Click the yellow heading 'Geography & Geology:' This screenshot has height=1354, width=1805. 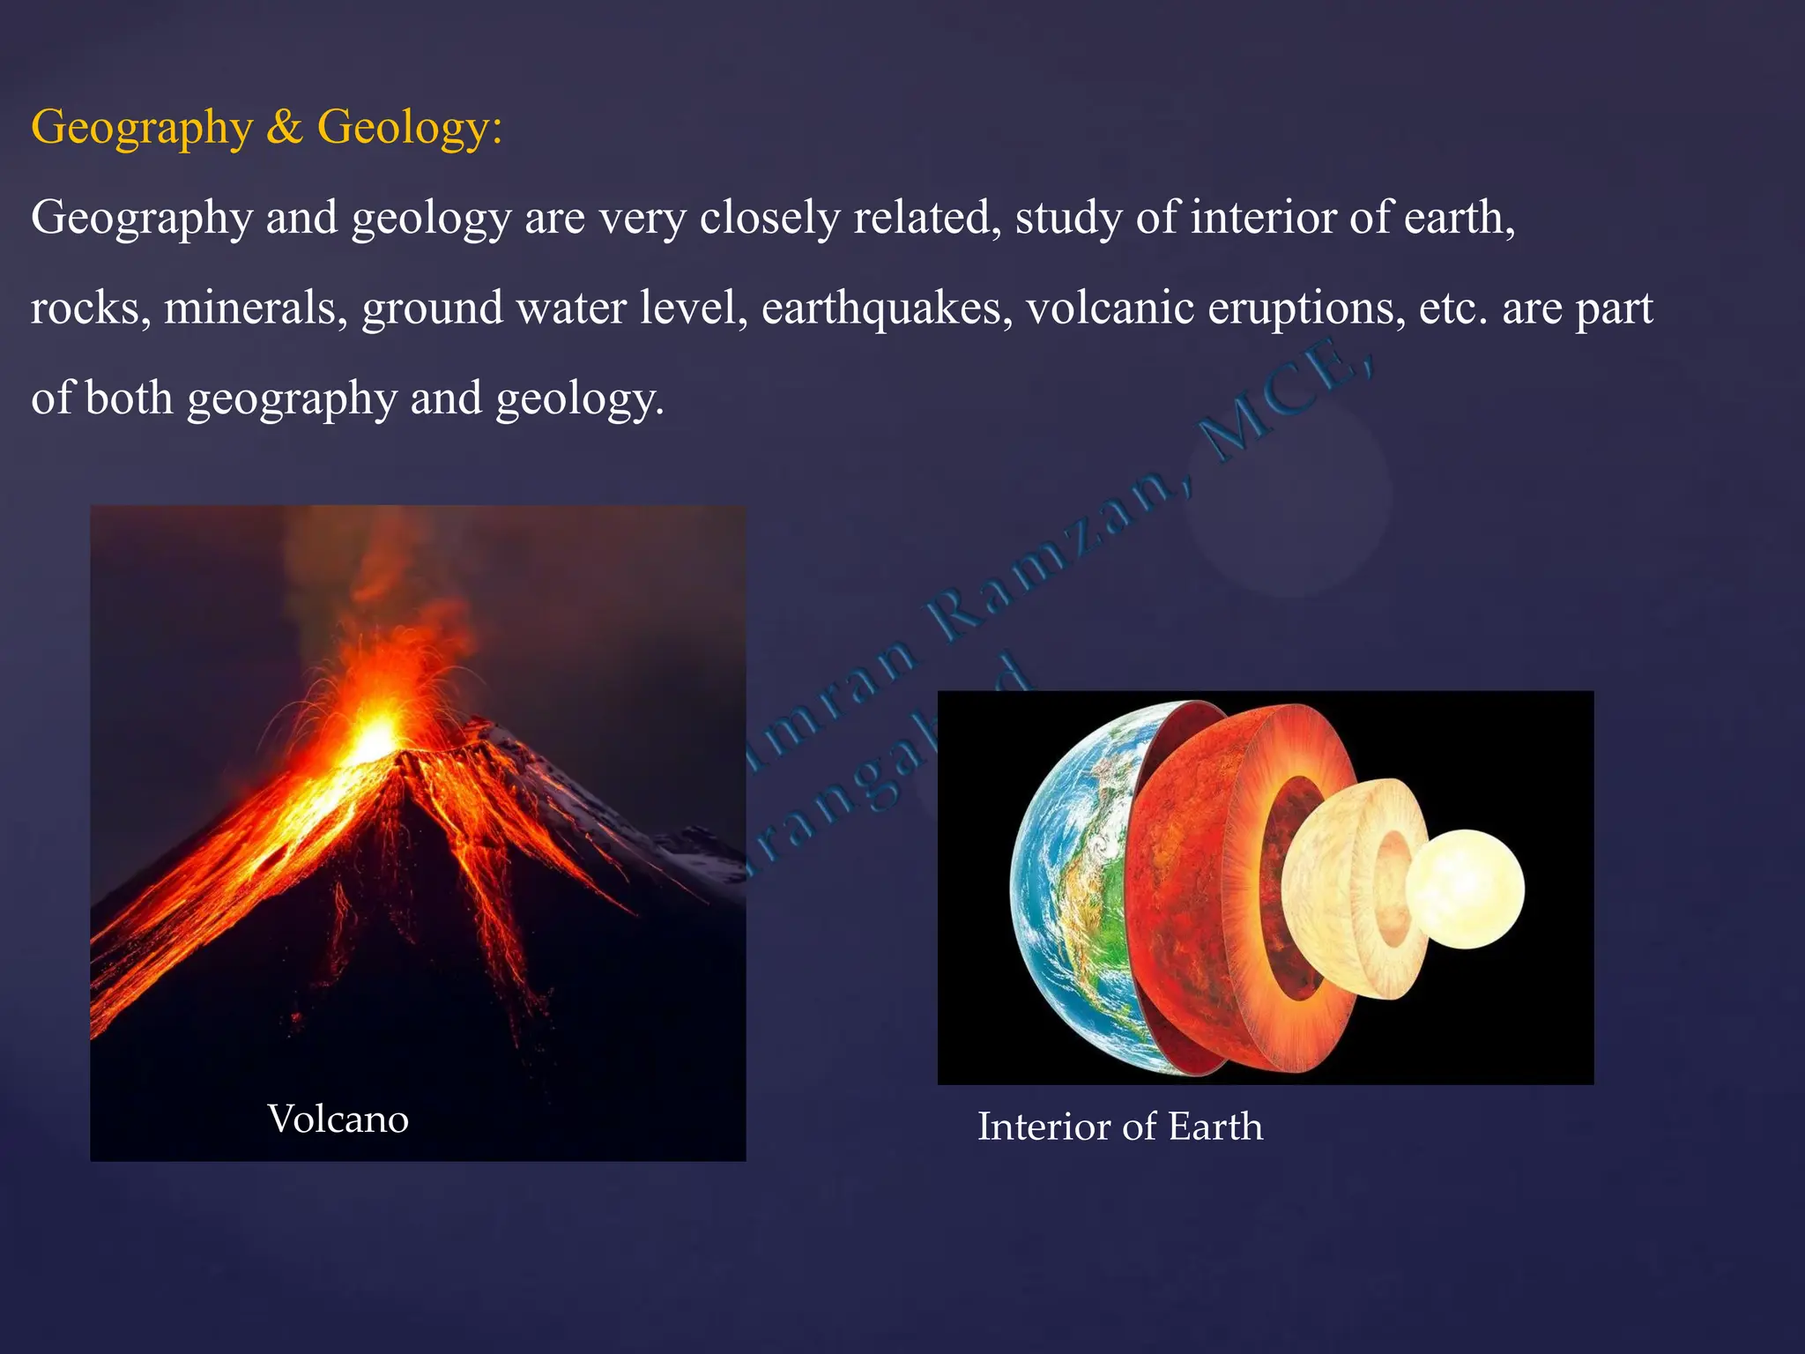tap(266, 127)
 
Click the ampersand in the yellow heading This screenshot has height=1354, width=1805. tap(285, 127)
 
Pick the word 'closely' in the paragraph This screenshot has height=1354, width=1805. tap(769, 218)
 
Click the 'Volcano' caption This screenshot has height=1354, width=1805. tap(338, 1120)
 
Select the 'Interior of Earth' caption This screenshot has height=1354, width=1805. tap(1119, 1127)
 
